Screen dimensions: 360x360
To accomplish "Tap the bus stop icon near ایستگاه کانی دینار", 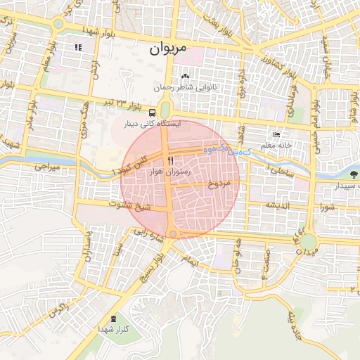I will coord(153,112).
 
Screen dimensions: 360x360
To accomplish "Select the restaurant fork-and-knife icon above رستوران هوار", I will coord(170,160).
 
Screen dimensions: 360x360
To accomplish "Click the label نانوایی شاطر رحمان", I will coord(186,88).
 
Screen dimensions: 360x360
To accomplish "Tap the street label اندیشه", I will coord(278,205).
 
